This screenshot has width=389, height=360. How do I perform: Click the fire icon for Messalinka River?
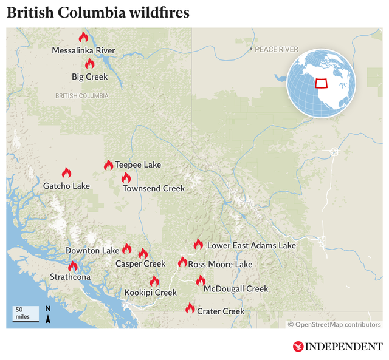pyautogui.click(x=83, y=38)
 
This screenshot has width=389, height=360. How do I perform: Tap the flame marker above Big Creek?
pyautogui.click(x=89, y=63)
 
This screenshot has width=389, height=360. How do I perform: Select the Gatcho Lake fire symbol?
pyautogui.click(x=66, y=173)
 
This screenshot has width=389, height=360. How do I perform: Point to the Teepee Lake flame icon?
pyautogui.click(x=108, y=165)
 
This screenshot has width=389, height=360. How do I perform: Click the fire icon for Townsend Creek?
pyautogui.click(x=126, y=178)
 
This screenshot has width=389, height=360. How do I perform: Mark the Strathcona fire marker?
pyautogui.click(x=73, y=266)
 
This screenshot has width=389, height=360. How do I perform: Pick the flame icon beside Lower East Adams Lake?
pyautogui.click(x=198, y=245)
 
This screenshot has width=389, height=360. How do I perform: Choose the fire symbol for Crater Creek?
pyautogui.click(x=190, y=308)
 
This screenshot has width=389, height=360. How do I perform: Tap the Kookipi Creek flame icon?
pyautogui.click(x=154, y=281)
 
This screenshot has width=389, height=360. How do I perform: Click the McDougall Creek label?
pyautogui.click(x=236, y=289)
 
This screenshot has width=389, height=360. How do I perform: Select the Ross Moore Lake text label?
pyautogui.click(x=220, y=265)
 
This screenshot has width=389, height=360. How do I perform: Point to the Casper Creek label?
pyautogui.click(x=140, y=264)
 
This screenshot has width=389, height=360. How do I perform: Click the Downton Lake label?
pyautogui.click(x=92, y=250)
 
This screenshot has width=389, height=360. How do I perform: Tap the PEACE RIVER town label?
pyautogui.click(x=277, y=49)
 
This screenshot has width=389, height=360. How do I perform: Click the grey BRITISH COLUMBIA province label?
pyautogui.click(x=81, y=96)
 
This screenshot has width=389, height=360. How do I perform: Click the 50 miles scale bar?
pyautogui.click(x=24, y=313)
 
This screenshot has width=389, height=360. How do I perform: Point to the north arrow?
pyautogui.click(x=48, y=314)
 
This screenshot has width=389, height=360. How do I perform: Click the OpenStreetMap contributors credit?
pyautogui.click(x=334, y=324)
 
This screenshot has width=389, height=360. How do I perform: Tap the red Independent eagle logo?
pyautogui.click(x=298, y=347)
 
